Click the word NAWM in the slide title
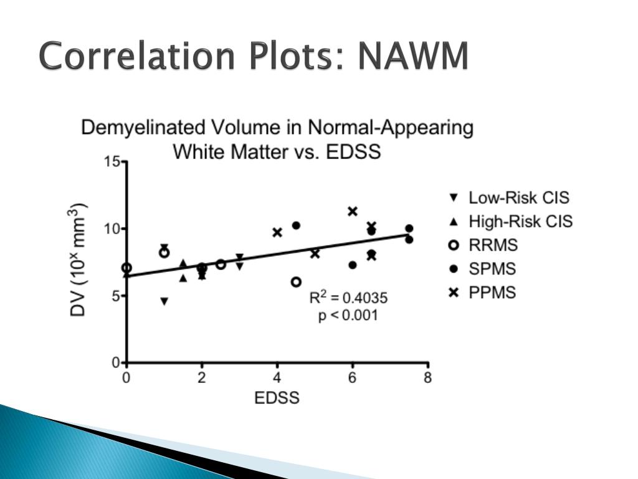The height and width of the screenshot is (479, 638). (413, 57)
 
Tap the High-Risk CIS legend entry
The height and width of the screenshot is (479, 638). (520, 221)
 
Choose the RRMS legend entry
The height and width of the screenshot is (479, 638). (493, 245)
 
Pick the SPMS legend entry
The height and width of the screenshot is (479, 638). (492, 269)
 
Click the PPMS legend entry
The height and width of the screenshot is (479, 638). (492, 292)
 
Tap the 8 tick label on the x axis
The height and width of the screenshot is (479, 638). (427, 377)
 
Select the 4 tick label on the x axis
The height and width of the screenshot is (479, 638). (277, 377)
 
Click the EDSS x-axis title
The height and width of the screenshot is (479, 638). (277, 397)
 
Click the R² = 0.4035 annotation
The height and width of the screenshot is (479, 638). (348, 298)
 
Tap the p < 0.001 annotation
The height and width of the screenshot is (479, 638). (348, 316)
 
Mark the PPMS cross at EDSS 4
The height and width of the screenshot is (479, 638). (277, 233)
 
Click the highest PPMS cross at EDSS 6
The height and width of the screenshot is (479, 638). (353, 211)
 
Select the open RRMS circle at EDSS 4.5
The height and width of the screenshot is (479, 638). (296, 282)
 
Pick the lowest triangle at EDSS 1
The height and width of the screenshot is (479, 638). (164, 301)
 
